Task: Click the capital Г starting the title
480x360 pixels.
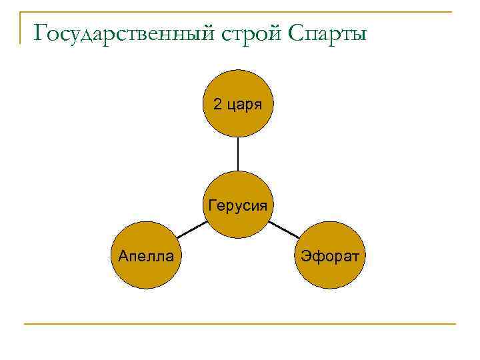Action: (x=40, y=32)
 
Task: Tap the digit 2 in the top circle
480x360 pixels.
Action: (x=217, y=104)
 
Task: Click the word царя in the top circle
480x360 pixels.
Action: (x=244, y=105)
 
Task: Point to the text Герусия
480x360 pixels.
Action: (x=238, y=205)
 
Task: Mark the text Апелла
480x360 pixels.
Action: (x=146, y=255)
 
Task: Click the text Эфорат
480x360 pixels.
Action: (x=330, y=255)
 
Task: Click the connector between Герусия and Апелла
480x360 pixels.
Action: (x=192, y=230)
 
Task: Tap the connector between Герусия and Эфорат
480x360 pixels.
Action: (x=284, y=230)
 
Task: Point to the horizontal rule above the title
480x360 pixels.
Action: (x=240, y=12)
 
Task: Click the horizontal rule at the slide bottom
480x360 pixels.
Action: (x=240, y=324)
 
